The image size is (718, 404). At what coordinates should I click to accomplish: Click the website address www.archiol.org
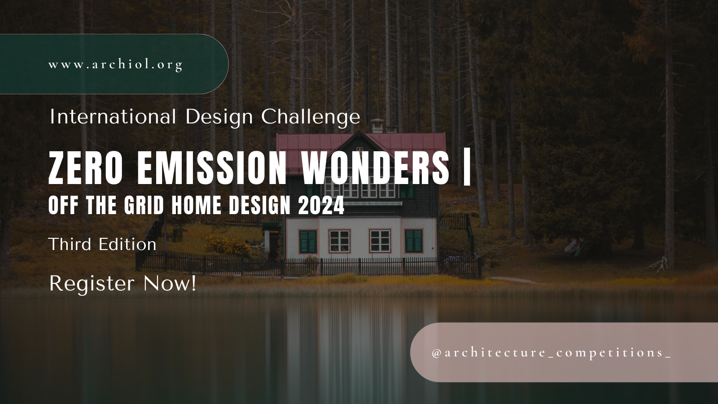pos(115,65)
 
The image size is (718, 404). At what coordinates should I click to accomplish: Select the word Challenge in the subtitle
pos(311,118)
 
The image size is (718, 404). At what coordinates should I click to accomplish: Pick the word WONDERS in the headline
pos(376,168)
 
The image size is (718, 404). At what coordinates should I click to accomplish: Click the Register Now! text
pos(123,284)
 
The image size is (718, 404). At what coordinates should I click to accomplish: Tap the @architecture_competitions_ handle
pos(552,353)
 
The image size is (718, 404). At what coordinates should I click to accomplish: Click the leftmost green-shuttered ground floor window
pos(308,241)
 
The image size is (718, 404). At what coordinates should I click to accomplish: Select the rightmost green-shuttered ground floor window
pos(414,241)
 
